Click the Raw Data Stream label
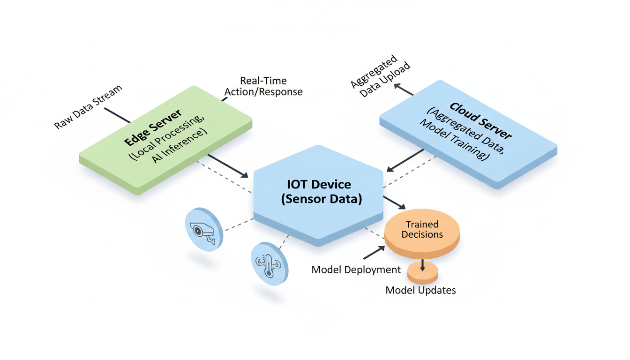pos(88,107)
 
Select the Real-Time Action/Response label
pos(263,86)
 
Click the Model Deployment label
pos(356,270)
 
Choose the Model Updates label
pos(420,290)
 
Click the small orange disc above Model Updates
pos(422,270)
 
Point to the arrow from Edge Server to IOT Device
pos(228,166)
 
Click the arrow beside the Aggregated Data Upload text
pos(403,90)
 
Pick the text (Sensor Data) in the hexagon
pos(322,199)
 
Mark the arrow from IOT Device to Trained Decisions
pos(395,203)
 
